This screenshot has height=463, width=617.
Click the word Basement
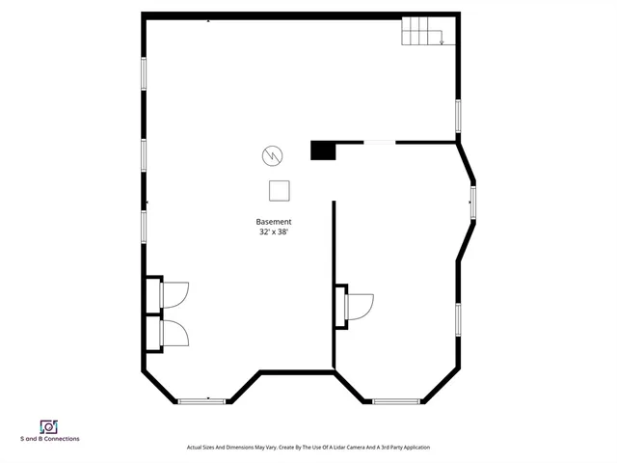(274, 222)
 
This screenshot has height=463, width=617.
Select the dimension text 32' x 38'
(274, 232)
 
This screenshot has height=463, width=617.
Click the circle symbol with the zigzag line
(272, 154)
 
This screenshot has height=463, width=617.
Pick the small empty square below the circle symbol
(280, 189)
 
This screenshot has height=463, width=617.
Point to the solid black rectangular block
(322, 150)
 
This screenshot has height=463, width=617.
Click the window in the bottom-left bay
(201, 400)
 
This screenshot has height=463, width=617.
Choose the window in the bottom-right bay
(395, 400)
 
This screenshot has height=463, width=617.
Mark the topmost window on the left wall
(145, 74)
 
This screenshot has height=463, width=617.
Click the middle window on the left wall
(145, 154)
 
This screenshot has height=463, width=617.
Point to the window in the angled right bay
(472, 203)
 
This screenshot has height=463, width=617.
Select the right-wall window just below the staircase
(458, 116)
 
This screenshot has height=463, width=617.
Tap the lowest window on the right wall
(458, 319)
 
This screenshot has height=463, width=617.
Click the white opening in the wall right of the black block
(379, 143)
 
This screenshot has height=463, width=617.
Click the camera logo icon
(49, 426)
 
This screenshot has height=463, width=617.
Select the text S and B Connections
(50, 439)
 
